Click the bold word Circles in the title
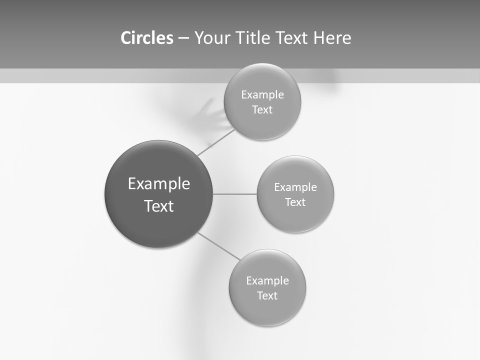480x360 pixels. pos(147,38)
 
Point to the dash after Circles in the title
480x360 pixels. pos(183,38)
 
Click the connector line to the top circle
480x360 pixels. pos(216,142)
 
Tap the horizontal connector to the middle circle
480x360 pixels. pos(235,194)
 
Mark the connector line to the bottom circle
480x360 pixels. pos(219,246)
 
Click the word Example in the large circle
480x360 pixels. pos(159,184)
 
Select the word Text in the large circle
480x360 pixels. pos(159,206)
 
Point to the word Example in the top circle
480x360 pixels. pos(262,95)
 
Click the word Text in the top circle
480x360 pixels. pos(262,110)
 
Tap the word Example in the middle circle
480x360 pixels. pos(295,187)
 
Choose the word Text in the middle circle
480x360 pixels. pos(295,202)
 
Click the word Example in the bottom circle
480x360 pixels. pos(267,281)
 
